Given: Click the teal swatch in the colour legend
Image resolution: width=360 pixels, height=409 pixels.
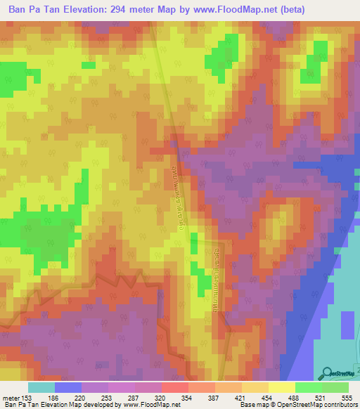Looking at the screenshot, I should (41, 388).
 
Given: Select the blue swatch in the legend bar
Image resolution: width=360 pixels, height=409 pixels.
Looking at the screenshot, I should (68, 388).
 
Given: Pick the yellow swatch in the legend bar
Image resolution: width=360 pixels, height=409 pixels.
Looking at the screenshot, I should (282, 388).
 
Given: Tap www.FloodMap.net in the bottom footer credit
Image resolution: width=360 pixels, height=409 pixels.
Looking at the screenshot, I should (149, 405).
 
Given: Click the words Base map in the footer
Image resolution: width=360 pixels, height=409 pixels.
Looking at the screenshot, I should (253, 405).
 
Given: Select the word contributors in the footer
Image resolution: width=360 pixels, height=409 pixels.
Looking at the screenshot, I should (339, 405).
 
